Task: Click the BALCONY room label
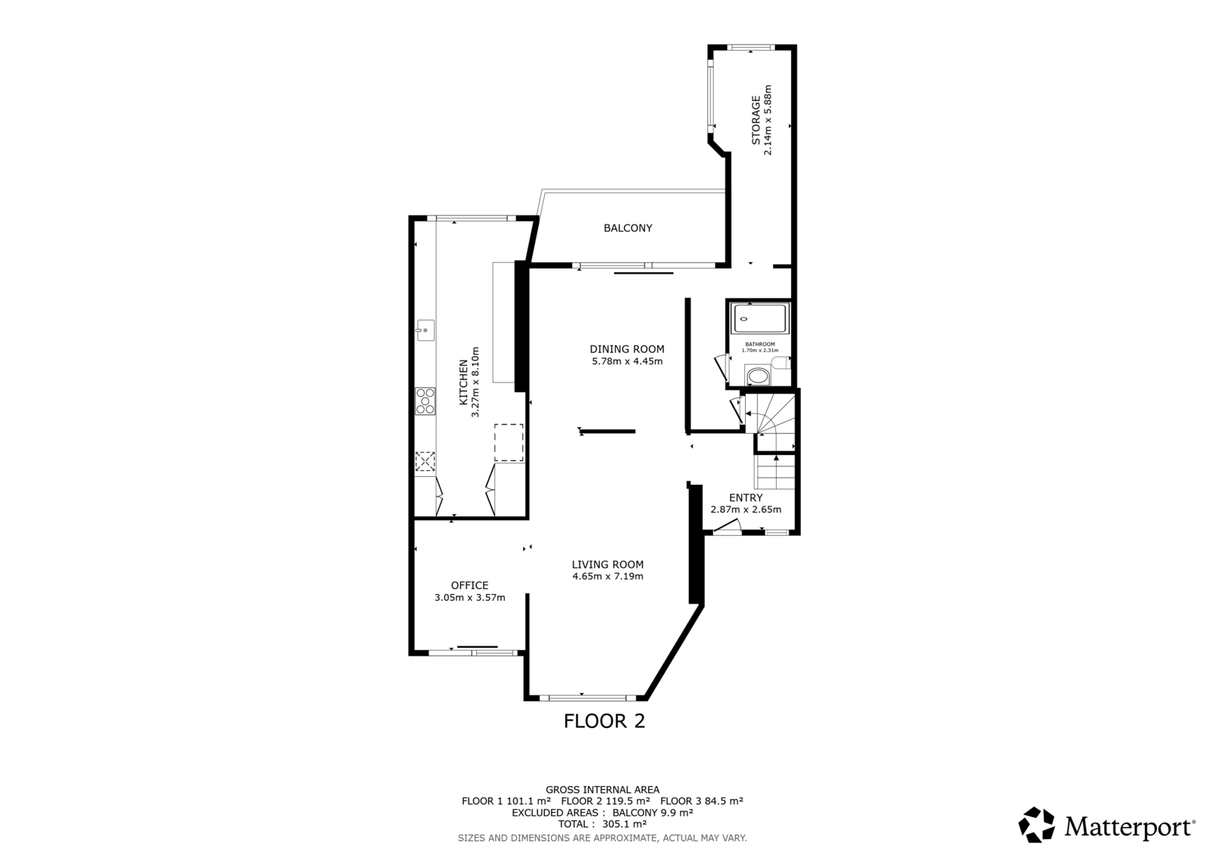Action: tap(628, 228)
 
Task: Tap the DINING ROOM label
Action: tap(626, 349)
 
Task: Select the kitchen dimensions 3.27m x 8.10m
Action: tap(475, 382)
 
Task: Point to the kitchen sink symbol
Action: tap(425, 330)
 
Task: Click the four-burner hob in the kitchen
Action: tap(425, 401)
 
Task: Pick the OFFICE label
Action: tap(469, 585)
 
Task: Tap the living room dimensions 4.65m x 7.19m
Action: tap(608, 576)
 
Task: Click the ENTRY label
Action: tap(746, 498)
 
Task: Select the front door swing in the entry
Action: tap(727, 527)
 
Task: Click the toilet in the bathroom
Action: tap(758, 376)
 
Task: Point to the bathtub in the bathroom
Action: tap(760, 318)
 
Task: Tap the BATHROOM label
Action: tap(760, 344)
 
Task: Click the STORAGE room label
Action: tap(756, 120)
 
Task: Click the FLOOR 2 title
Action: tap(604, 721)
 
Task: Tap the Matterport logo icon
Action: tap(1036, 825)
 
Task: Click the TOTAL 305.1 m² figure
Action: tap(602, 824)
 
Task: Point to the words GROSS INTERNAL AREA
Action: tap(602, 790)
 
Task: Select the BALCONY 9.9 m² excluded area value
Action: tap(653, 813)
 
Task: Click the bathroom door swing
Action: tap(721, 367)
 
